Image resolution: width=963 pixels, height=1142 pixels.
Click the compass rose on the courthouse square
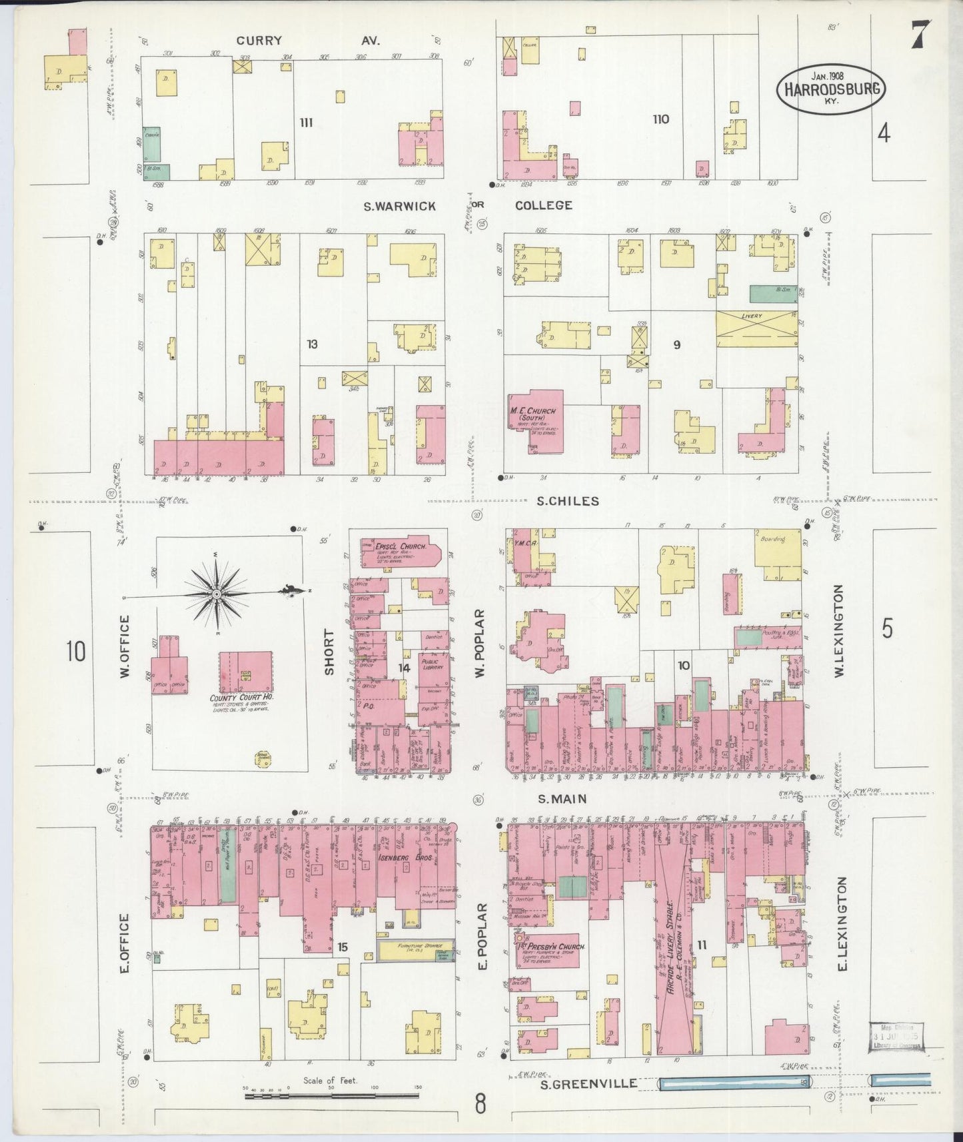pos(217,592)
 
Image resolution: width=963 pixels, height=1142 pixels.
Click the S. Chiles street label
pos(568,501)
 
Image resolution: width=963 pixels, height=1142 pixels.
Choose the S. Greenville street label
pos(582,1083)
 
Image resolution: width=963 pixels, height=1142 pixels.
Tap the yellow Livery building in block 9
pos(756,326)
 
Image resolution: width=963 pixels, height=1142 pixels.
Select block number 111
pos(307,122)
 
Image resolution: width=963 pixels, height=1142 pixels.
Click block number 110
pos(660,119)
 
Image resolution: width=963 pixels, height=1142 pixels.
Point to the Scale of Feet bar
pos(331,1096)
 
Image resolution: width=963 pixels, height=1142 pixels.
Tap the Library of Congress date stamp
pos(896,1037)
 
